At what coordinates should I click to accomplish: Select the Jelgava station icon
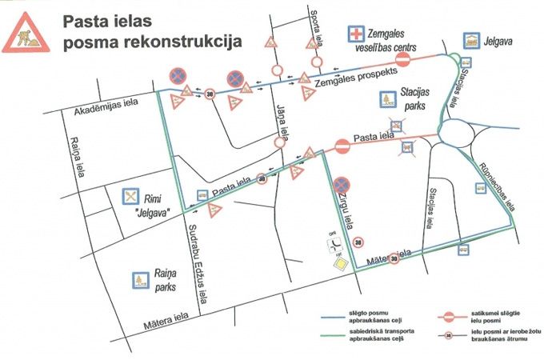click(471, 39)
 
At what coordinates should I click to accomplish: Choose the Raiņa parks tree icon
click(142, 280)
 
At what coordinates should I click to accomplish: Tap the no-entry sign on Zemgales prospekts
click(403, 60)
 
